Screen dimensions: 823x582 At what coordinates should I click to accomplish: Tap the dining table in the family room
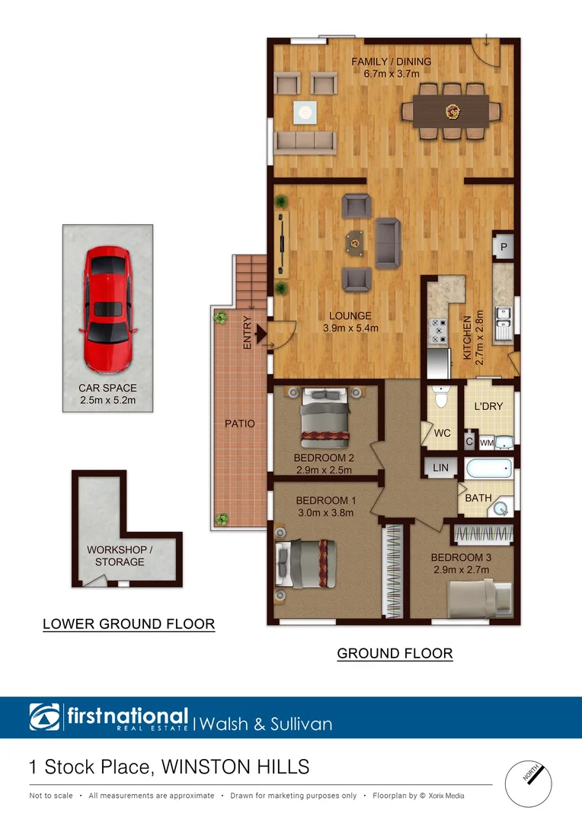pos(452,112)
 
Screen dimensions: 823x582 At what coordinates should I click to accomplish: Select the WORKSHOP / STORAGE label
pos(120,556)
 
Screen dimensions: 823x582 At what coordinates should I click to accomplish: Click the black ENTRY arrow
pos(260,333)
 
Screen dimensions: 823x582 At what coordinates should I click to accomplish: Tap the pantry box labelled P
pos(504,246)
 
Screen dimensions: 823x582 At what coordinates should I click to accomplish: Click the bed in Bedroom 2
pos(326,418)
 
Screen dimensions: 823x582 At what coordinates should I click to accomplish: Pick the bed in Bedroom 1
pos(304,563)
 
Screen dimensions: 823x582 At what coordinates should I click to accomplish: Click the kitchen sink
pos(504,323)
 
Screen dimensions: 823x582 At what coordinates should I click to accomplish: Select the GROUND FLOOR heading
pos(395,653)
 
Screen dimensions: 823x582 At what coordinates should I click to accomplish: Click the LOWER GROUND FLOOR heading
pos(129,624)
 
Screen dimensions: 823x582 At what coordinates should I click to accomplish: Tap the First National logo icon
pos(45,717)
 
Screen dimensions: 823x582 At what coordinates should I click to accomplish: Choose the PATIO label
pos(240,423)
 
